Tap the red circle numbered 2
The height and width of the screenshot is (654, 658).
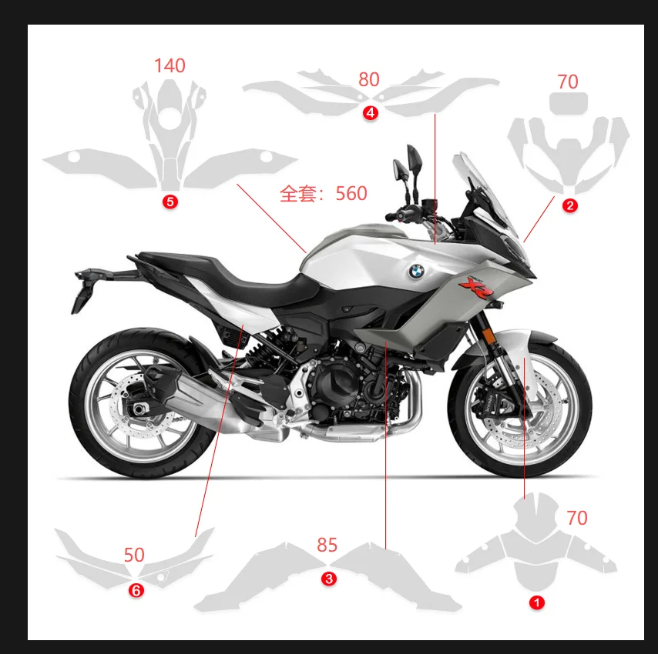pos(569,205)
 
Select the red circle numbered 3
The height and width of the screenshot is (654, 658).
pos(329,579)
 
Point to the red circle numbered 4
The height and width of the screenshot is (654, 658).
pos(371,113)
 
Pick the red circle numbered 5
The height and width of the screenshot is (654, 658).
pos(170,202)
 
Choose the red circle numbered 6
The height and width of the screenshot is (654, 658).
pos(136,591)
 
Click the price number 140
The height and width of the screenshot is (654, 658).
pos(170,66)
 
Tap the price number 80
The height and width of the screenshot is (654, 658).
pos(369,79)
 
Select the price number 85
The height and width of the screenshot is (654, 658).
pos(327,545)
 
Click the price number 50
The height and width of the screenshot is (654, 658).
pos(134,555)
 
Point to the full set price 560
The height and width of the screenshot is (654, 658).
pos(351,193)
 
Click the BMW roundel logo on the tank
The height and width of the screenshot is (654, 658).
pos(416,271)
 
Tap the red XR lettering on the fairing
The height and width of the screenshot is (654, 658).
pos(472,287)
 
